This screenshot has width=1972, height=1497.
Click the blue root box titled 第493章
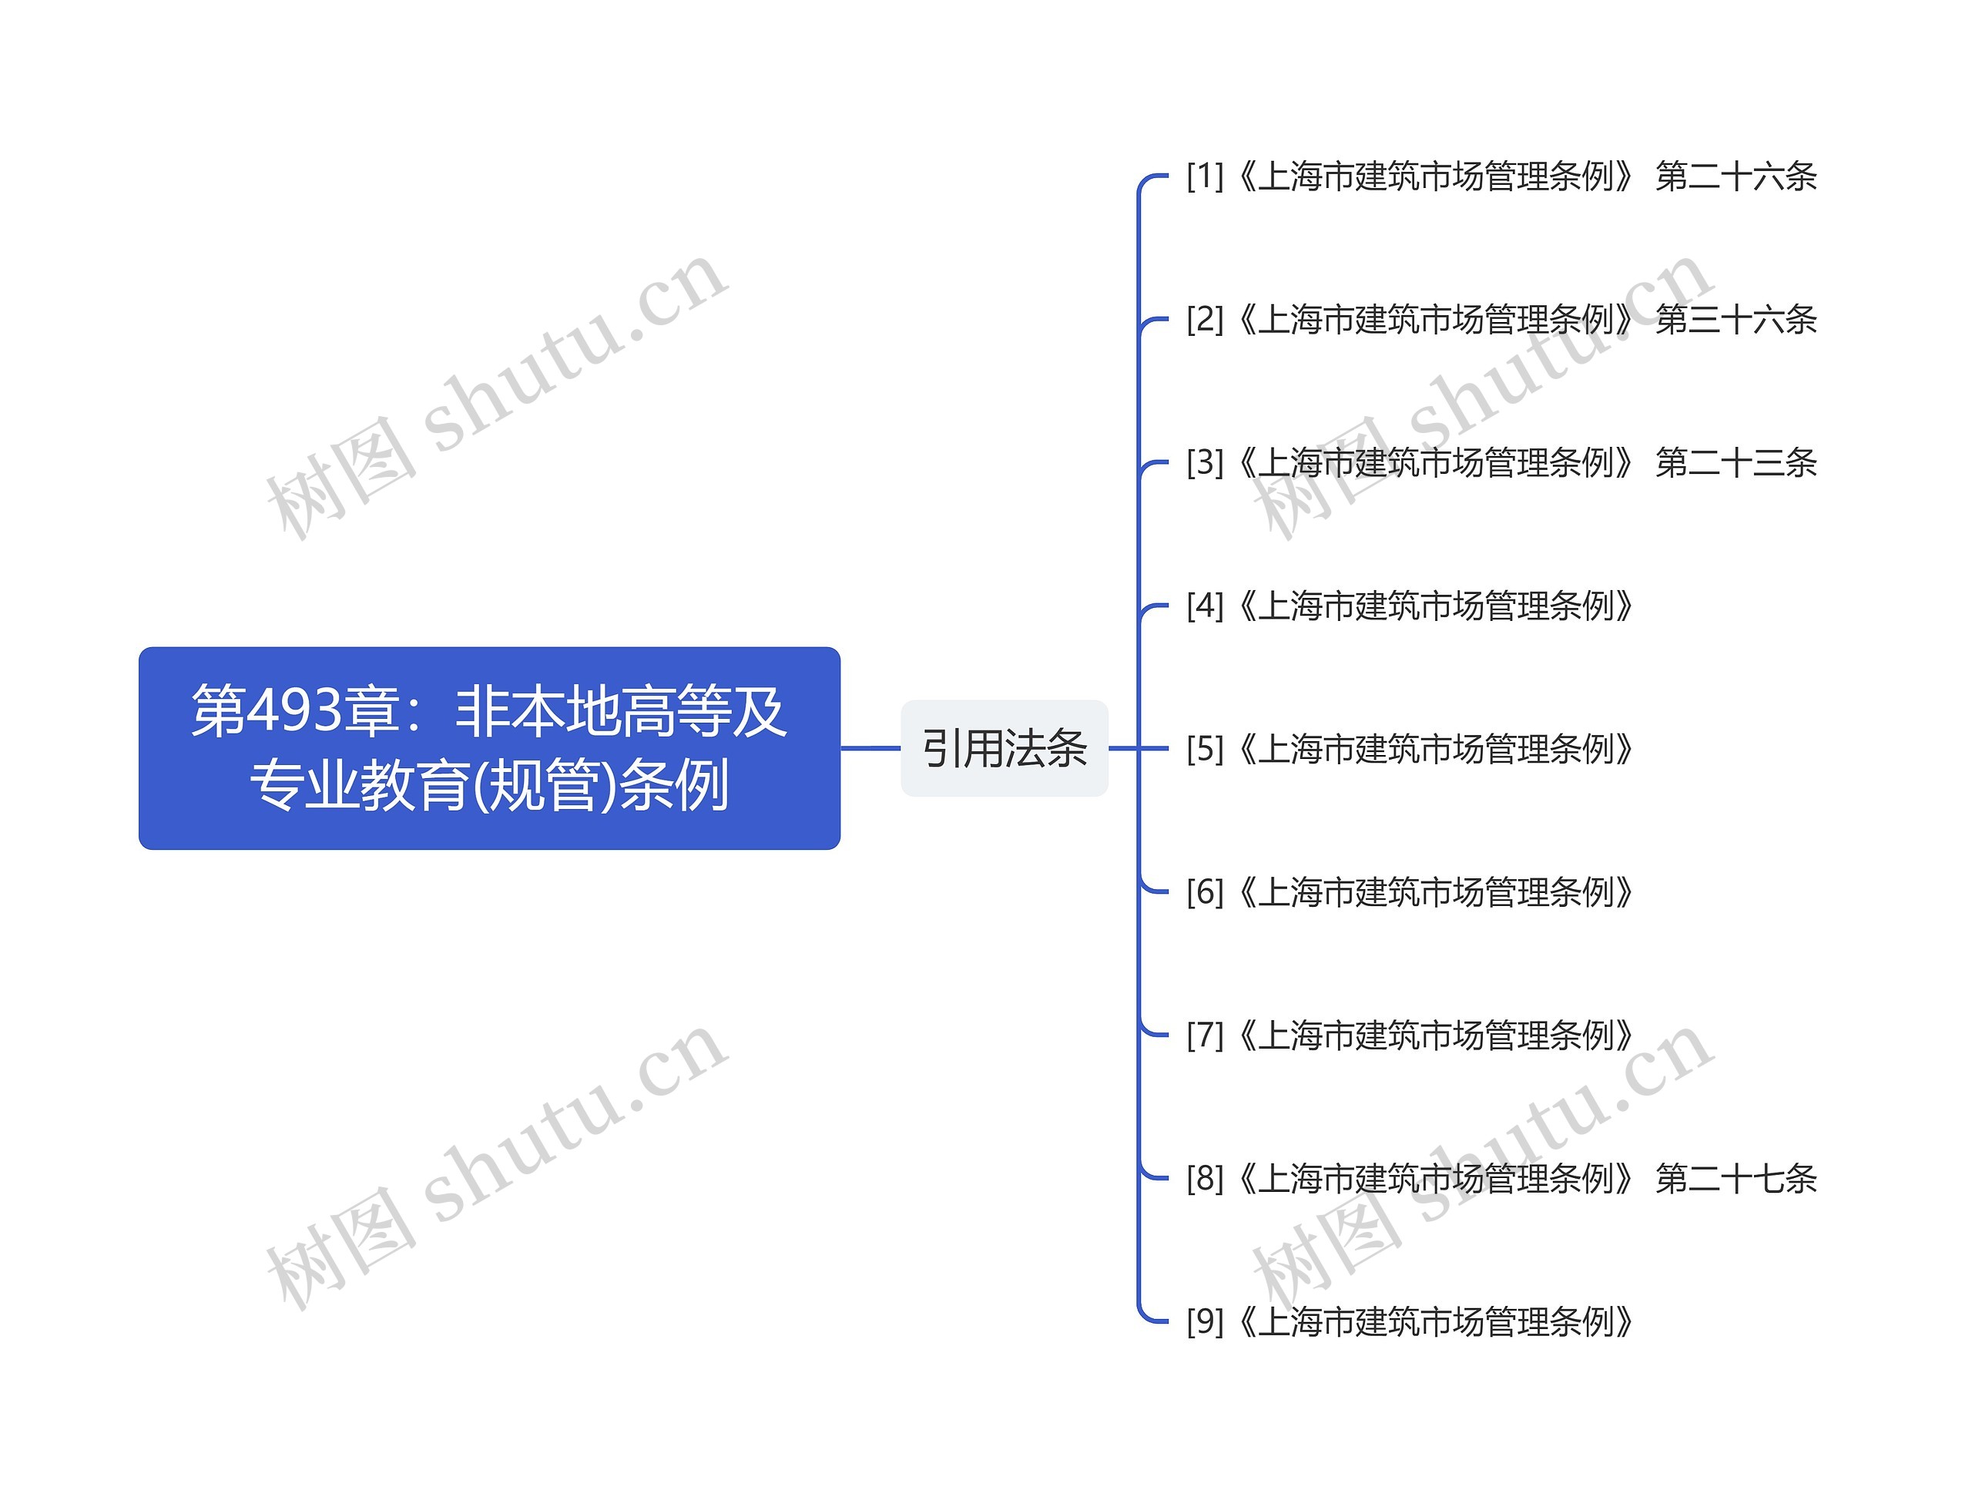click(x=488, y=747)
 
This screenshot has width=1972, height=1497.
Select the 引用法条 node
click(x=1004, y=748)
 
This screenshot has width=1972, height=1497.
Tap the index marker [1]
click(x=1205, y=176)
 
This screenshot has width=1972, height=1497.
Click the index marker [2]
click(x=1205, y=319)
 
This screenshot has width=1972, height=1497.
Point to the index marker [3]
click(x=1205, y=463)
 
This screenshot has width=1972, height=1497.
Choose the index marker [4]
click(x=1205, y=606)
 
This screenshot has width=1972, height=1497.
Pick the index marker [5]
click(x=1205, y=749)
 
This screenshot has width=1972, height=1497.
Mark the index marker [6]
click(x=1205, y=891)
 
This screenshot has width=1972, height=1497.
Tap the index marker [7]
click(x=1205, y=1035)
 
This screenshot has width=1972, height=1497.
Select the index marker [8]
click(x=1205, y=1179)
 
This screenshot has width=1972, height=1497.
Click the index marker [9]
click(x=1205, y=1321)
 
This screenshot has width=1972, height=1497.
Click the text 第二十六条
click(x=1735, y=176)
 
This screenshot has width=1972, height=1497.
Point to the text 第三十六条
click(x=1735, y=319)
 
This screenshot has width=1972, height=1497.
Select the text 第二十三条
click(x=1735, y=463)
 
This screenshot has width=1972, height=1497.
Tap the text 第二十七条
click(x=1735, y=1179)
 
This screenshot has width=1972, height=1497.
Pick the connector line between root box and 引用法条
click(x=870, y=748)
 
